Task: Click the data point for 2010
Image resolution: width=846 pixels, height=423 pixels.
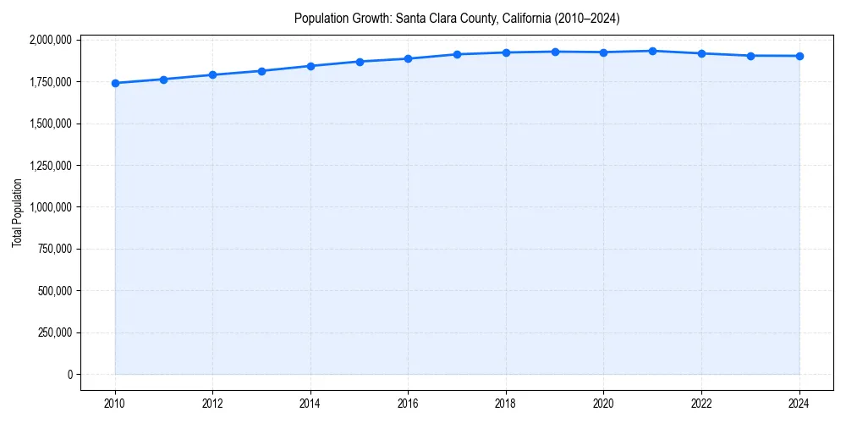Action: coord(115,83)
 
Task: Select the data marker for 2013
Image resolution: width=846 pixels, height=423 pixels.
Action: coord(262,71)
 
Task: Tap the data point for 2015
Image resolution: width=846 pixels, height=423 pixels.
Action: coord(360,62)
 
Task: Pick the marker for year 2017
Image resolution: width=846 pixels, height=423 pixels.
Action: coord(457,54)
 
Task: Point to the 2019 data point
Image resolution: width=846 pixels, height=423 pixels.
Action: coord(555,52)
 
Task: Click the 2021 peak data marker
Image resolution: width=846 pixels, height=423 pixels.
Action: coord(652,51)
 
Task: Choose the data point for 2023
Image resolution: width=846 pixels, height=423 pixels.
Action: coord(750,56)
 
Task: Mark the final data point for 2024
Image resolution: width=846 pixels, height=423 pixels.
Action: coord(799,56)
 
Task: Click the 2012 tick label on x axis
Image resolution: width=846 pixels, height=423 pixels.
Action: coord(212,404)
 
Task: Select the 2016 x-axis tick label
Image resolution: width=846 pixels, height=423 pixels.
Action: coord(408,404)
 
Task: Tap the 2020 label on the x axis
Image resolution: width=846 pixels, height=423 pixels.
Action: coord(603,404)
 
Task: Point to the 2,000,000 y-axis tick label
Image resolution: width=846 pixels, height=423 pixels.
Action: coord(52,40)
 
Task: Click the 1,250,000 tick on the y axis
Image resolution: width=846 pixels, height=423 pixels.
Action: coord(52,165)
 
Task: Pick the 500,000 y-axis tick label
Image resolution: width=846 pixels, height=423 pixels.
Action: coord(56,290)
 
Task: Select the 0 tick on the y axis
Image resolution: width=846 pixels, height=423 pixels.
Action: coord(70,374)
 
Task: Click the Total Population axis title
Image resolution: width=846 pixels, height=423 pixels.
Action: coord(17,212)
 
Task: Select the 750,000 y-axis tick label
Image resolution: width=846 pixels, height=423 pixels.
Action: coord(56,249)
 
